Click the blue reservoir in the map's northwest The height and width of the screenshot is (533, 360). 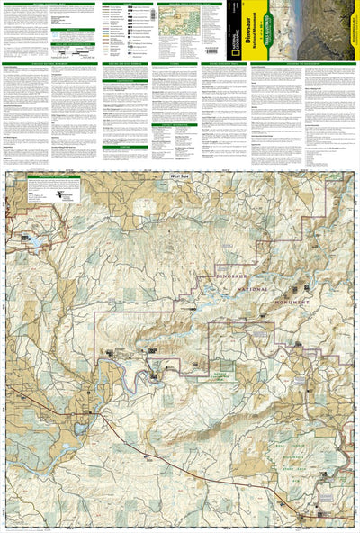30,241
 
